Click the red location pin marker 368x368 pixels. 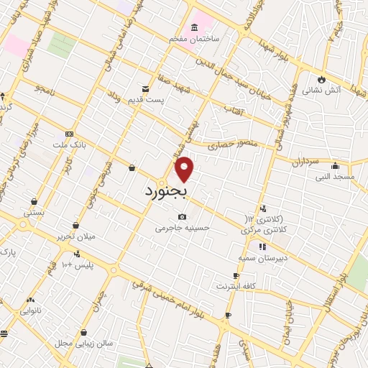tap(185, 169)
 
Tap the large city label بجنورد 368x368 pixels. tap(165, 191)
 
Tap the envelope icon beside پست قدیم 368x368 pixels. tap(146, 89)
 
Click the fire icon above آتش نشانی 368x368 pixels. tap(321, 79)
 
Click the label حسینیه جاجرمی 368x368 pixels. tap(183, 229)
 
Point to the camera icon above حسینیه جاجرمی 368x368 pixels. tap(183, 217)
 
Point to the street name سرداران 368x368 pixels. tap(305, 162)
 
